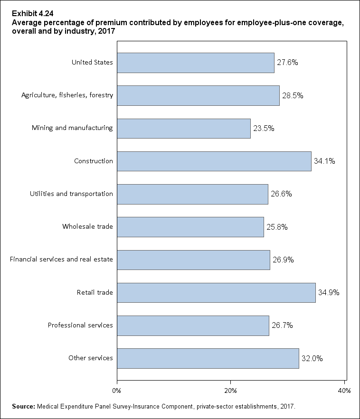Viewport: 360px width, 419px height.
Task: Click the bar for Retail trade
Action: [x=216, y=293]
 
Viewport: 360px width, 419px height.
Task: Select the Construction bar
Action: [x=214, y=161]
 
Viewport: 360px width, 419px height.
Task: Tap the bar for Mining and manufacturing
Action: [x=183, y=128]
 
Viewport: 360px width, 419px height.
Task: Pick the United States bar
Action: [x=195, y=62]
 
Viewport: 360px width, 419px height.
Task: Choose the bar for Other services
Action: [x=208, y=358]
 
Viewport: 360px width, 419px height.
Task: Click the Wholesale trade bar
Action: [x=190, y=227]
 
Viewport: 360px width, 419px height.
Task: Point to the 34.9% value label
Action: [x=329, y=293]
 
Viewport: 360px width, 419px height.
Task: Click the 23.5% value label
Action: [x=264, y=128]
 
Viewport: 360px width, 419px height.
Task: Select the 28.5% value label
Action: [x=293, y=95]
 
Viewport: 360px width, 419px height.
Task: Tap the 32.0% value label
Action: [x=312, y=359]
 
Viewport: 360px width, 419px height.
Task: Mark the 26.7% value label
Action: [x=282, y=326]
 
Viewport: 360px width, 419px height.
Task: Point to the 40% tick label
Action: [x=344, y=391]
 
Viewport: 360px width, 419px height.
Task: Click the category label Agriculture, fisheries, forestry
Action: [x=67, y=95]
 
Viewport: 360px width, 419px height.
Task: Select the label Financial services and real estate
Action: [x=61, y=260]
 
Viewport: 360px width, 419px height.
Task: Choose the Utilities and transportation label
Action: [x=72, y=194]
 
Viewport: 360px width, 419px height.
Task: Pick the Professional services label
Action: [x=80, y=326]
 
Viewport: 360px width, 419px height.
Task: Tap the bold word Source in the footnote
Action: [x=23, y=407]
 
